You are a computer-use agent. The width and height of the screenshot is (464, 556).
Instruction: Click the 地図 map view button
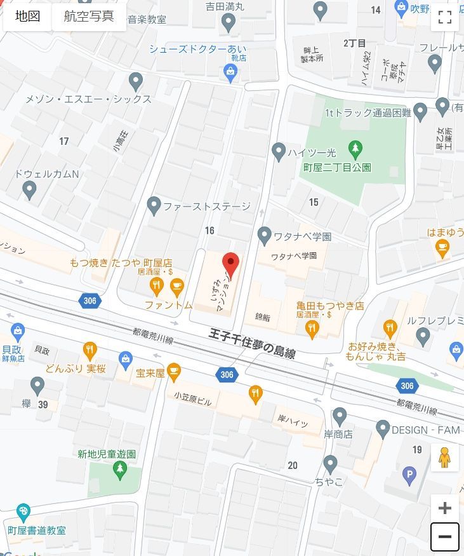tap(28, 17)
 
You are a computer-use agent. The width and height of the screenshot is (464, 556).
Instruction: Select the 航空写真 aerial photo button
tap(89, 17)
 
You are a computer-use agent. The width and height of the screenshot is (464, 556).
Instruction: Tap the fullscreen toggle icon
tap(444, 17)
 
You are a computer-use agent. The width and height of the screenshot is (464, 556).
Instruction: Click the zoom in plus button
tap(444, 508)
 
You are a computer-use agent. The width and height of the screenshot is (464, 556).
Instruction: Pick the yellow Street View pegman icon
tap(444, 458)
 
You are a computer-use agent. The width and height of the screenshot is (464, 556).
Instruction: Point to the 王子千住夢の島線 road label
tap(252, 343)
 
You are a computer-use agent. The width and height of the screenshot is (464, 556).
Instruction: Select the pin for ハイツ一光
tap(279, 151)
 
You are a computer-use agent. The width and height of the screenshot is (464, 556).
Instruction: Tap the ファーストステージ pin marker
tap(154, 205)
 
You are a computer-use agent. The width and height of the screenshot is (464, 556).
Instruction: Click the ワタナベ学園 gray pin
tap(265, 236)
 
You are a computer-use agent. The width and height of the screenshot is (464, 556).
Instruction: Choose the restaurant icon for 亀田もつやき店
tap(311, 328)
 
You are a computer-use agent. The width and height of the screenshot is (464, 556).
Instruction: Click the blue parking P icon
tap(410, 474)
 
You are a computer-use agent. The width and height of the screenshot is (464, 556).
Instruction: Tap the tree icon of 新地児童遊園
tap(119, 470)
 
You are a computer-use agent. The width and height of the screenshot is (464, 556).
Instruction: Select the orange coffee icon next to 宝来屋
tap(173, 370)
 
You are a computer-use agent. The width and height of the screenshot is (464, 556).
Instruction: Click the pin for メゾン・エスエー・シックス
tap(135, 81)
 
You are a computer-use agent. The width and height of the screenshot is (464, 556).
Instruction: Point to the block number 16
tap(210, 230)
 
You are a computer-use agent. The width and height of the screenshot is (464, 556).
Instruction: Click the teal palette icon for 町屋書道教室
tap(23, 512)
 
